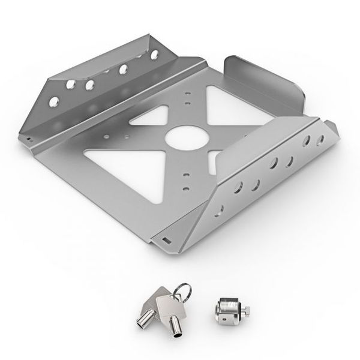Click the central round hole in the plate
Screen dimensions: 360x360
(x=187, y=136)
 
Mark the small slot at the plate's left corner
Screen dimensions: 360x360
(x=28, y=140)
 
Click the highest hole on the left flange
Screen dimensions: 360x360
(x=155, y=55)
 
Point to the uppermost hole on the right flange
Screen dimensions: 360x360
(x=320, y=141)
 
